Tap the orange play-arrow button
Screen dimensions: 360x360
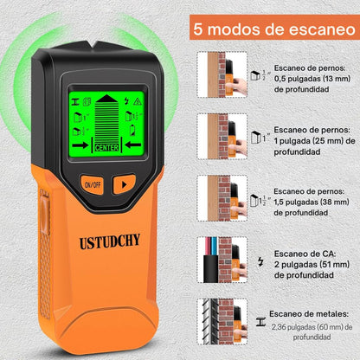124,184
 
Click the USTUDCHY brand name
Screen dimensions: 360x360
110,241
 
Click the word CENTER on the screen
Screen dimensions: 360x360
106,148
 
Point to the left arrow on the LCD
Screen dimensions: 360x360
132,145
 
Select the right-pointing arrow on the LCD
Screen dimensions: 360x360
80,145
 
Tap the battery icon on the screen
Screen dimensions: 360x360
132,130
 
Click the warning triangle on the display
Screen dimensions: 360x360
138,101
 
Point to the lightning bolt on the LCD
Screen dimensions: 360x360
126,101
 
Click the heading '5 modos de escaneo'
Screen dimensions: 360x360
274,29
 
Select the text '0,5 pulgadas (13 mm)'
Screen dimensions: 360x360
312,79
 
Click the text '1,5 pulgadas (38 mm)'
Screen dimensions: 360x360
312,202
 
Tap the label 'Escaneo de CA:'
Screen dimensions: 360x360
305,254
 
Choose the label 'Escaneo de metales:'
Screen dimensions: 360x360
309,314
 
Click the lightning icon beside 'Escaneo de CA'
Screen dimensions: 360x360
260,261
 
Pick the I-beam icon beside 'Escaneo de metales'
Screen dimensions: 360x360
260,322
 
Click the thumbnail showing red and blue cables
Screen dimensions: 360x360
222,260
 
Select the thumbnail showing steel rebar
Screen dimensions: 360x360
222,322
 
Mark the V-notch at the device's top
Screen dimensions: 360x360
93,44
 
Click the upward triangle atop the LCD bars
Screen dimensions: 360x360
106,99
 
